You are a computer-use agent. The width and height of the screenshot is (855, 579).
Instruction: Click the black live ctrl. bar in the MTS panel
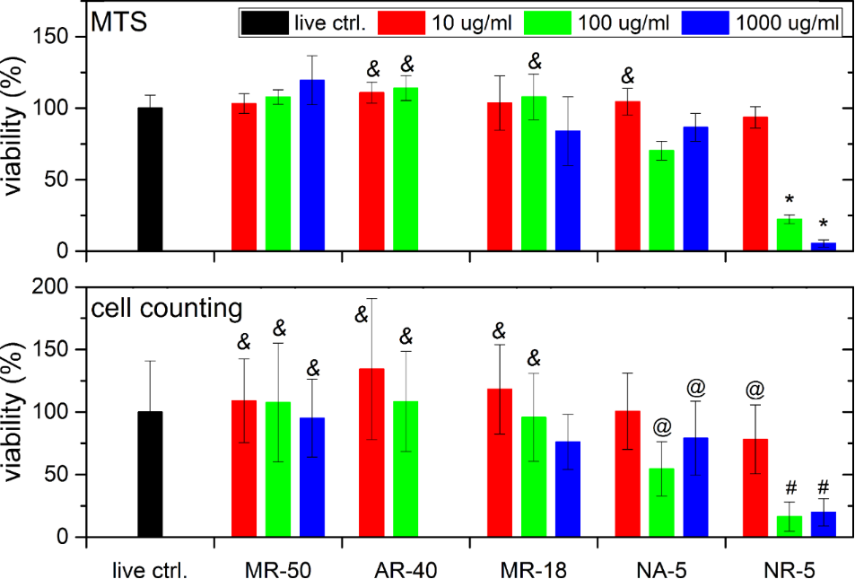click(150, 180)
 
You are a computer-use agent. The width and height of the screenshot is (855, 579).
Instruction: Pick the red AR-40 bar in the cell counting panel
click(371, 452)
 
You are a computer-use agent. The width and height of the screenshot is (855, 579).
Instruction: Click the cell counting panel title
click(167, 308)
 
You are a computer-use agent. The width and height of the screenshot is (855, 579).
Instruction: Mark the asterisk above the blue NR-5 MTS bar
click(824, 224)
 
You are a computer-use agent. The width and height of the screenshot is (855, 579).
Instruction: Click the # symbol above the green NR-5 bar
click(790, 488)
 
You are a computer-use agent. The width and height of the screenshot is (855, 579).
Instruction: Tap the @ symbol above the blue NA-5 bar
click(695, 389)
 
